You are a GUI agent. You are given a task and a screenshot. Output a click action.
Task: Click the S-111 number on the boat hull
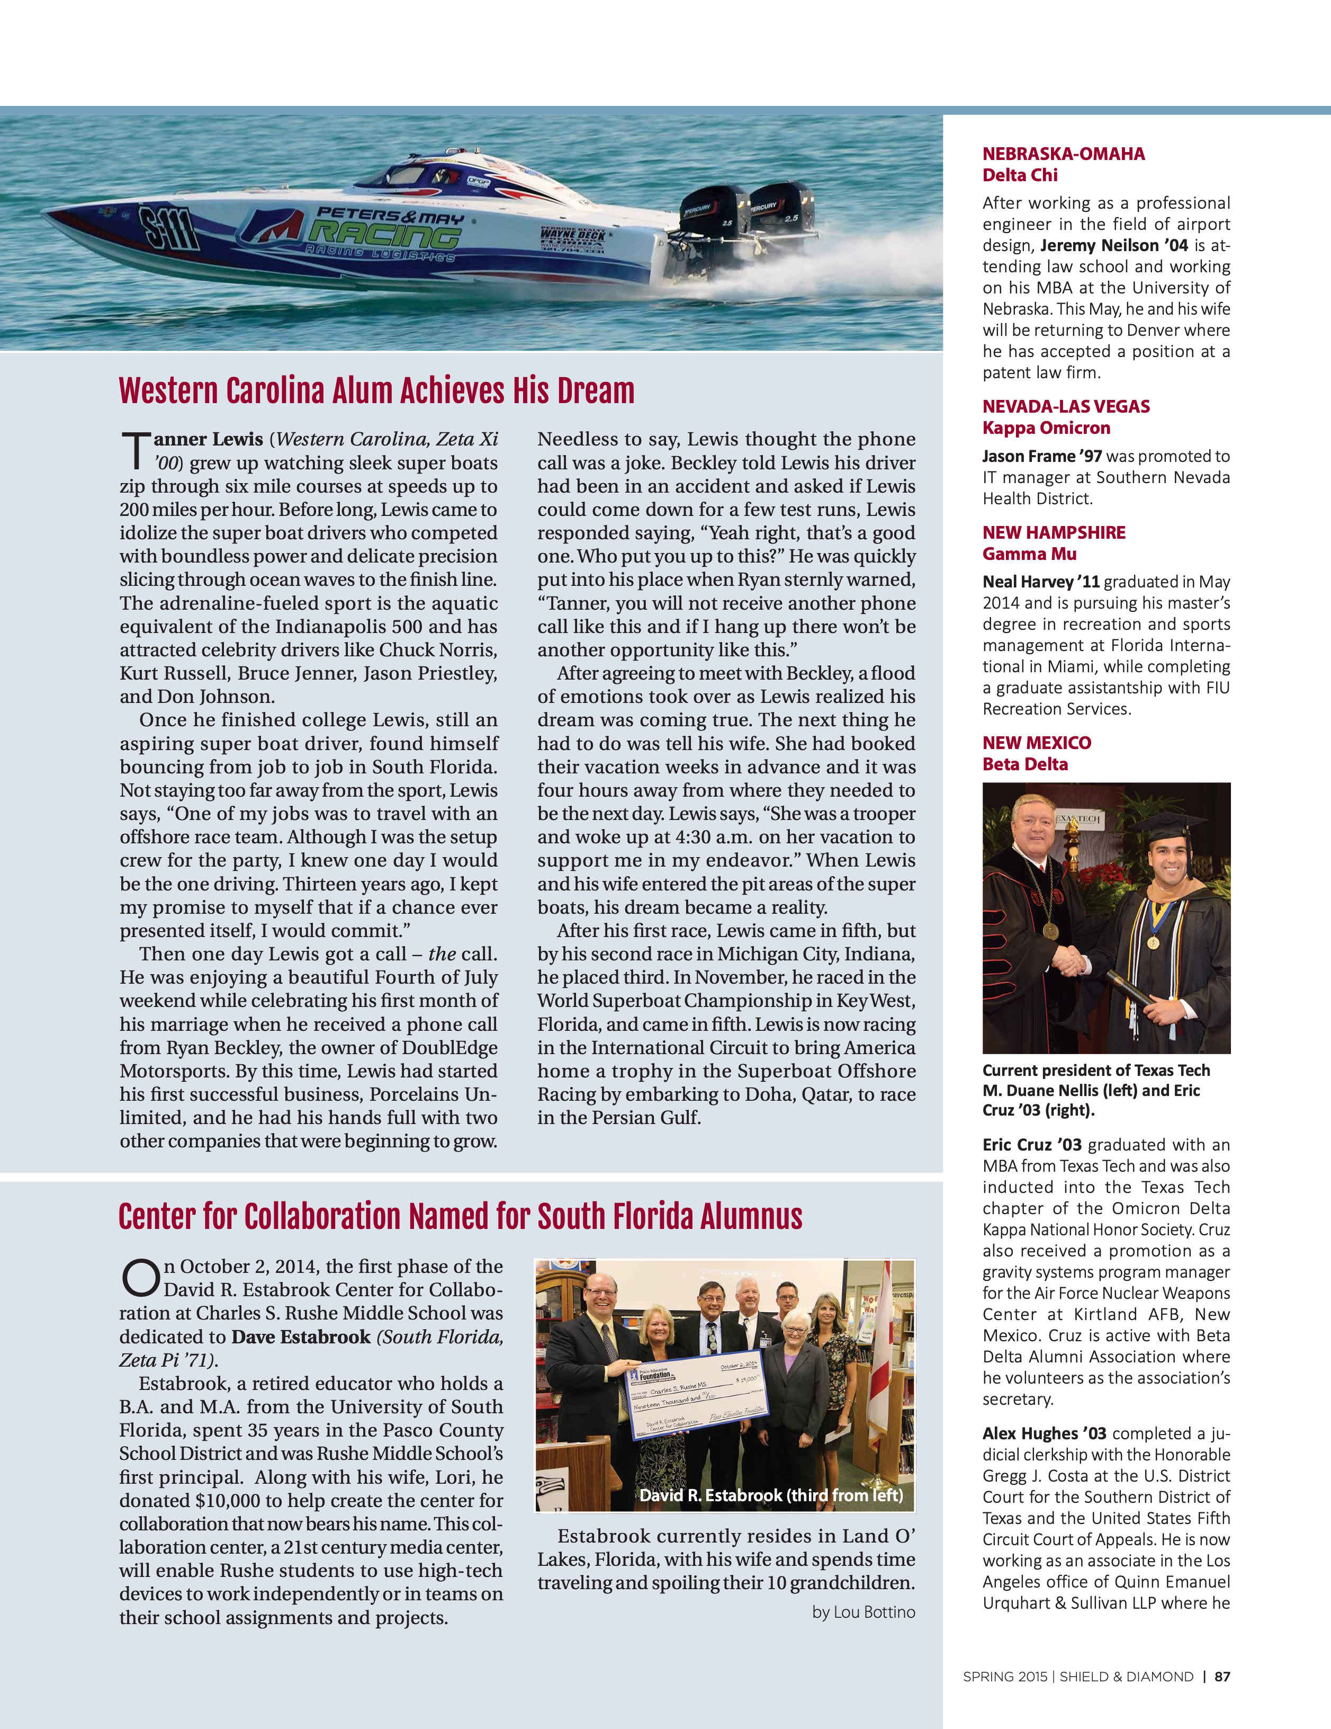[168, 228]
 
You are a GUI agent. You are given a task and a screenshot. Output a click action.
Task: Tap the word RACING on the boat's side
[385, 234]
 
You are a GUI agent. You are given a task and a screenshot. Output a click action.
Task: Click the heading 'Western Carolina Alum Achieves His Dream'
[376, 391]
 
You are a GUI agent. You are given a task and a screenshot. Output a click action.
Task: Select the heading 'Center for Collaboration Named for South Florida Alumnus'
[460, 1217]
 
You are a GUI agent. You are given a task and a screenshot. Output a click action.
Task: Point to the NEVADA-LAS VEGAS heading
[1066, 406]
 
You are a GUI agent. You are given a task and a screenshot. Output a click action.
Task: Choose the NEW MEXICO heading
[1037, 743]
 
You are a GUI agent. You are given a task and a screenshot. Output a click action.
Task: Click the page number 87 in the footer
[1222, 1676]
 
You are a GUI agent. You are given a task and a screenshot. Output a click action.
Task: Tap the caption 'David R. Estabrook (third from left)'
[771, 1495]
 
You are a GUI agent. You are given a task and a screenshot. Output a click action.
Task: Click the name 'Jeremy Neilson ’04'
[1113, 245]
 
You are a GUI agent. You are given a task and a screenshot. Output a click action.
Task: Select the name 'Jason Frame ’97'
[1041, 456]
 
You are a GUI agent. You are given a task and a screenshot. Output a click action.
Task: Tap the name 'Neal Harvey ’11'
[1040, 582]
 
